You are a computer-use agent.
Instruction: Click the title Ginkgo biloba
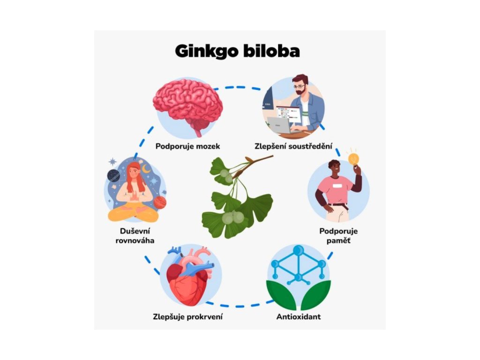(237, 51)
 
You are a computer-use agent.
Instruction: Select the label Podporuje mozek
(187, 146)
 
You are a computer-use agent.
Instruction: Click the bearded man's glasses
(299, 87)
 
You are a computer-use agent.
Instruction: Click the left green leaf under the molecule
(280, 293)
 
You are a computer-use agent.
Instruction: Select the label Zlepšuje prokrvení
(187, 316)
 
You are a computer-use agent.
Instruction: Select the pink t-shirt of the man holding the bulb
(337, 187)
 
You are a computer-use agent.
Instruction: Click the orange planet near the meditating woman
(160, 202)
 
